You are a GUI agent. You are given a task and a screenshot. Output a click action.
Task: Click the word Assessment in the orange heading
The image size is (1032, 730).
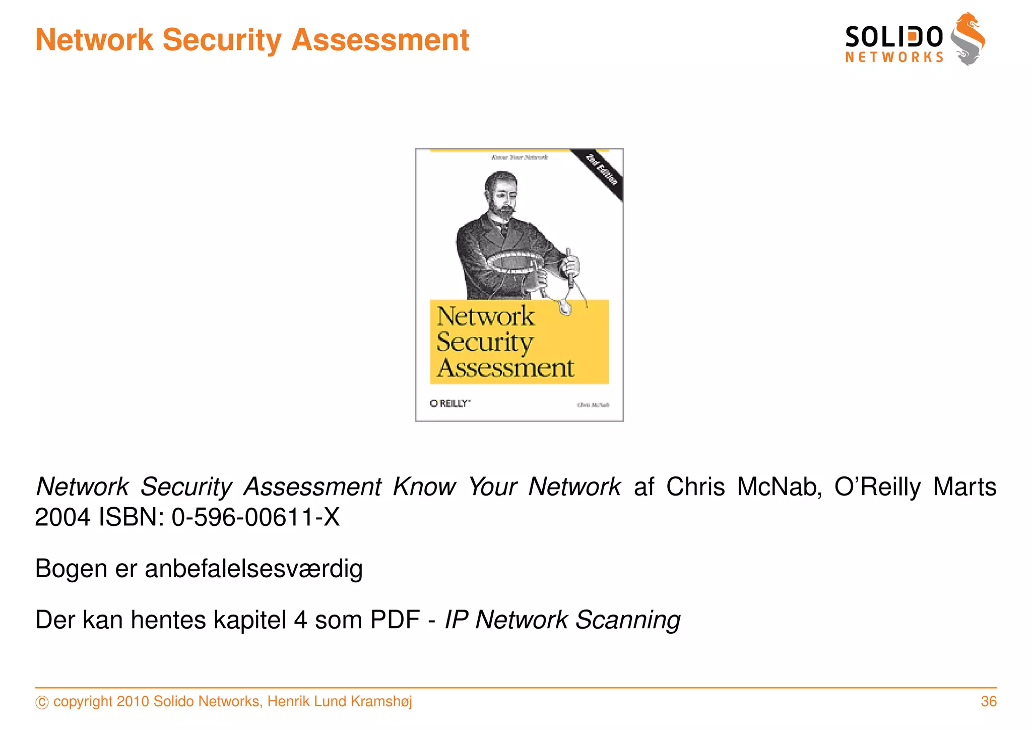point(380,40)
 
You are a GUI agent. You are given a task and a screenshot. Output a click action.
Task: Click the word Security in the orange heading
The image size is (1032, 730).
point(222,40)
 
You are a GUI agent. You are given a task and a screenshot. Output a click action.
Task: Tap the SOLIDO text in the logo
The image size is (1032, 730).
point(893,37)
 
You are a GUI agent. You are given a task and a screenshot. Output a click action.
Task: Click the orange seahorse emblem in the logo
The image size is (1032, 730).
point(967,39)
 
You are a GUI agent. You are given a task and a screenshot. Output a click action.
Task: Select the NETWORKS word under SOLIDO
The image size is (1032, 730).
point(894,57)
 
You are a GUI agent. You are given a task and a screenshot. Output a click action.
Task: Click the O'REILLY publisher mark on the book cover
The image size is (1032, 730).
point(450,403)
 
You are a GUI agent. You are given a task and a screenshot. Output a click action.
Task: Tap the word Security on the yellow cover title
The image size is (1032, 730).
point(485,342)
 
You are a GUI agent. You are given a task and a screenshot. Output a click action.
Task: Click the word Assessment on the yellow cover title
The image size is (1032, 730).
point(505,368)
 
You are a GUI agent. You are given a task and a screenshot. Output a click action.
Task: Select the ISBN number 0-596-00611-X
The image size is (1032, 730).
point(255,517)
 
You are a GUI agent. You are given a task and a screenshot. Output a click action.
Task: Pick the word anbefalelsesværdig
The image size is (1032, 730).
point(253,569)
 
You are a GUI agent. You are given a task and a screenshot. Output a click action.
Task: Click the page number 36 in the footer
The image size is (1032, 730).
point(988,701)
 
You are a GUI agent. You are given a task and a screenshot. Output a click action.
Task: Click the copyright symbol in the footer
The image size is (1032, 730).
point(42,702)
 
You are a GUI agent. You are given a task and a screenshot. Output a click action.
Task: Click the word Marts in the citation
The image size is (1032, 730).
point(964,487)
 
